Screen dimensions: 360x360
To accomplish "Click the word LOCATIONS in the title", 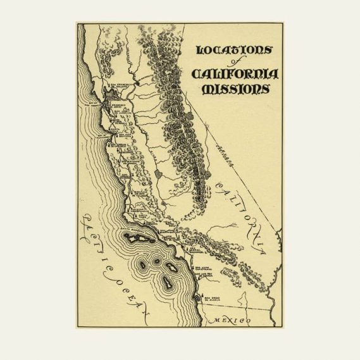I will tap(234, 50).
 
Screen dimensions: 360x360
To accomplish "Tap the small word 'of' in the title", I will tap(232, 63).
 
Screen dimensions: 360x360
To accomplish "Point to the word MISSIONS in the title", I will tap(235, 89).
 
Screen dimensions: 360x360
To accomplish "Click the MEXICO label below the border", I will tap(233, 321).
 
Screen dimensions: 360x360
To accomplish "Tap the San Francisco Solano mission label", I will tap(120, 85).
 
